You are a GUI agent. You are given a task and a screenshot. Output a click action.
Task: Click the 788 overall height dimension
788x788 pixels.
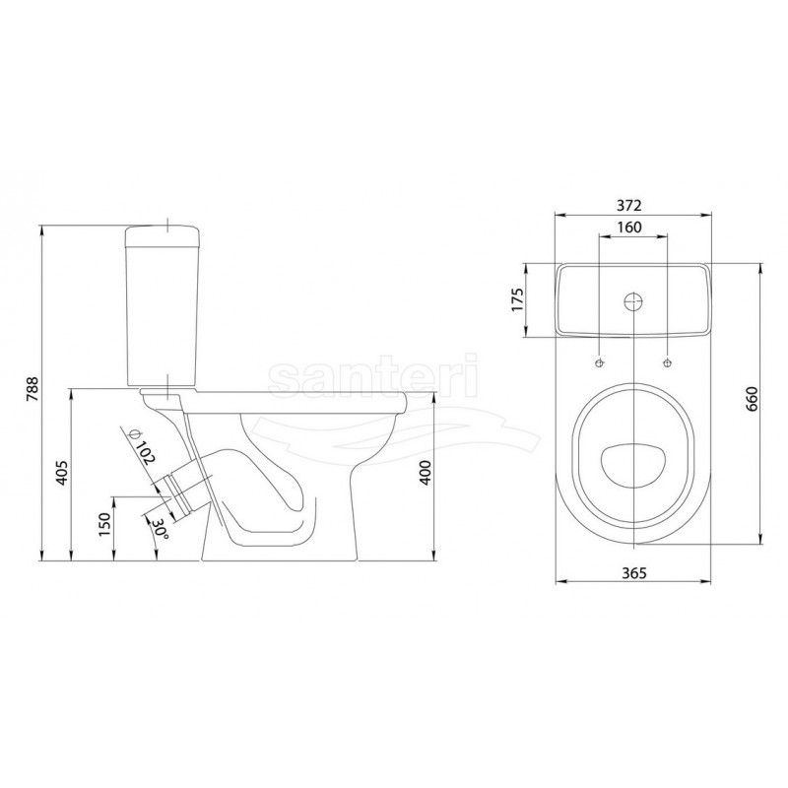tap(33, 389)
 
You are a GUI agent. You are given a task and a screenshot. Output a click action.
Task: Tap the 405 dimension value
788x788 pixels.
tap(61, 473)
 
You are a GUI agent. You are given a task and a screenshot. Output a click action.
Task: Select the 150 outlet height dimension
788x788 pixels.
tap(105, 524)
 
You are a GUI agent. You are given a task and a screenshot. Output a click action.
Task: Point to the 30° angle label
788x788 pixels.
tap(161, 529)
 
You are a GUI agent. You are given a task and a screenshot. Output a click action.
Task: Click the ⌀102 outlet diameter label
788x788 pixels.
tap(141, 447)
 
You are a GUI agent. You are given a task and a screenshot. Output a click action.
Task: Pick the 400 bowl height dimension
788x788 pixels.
tap(426, 473)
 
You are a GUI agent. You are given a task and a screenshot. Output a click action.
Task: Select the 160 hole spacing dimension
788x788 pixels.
tap(629, 228)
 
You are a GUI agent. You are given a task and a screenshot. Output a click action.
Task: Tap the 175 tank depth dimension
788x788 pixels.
tap(518, 299)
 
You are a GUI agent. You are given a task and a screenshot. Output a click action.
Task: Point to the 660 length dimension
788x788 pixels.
tap(752, 399)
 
